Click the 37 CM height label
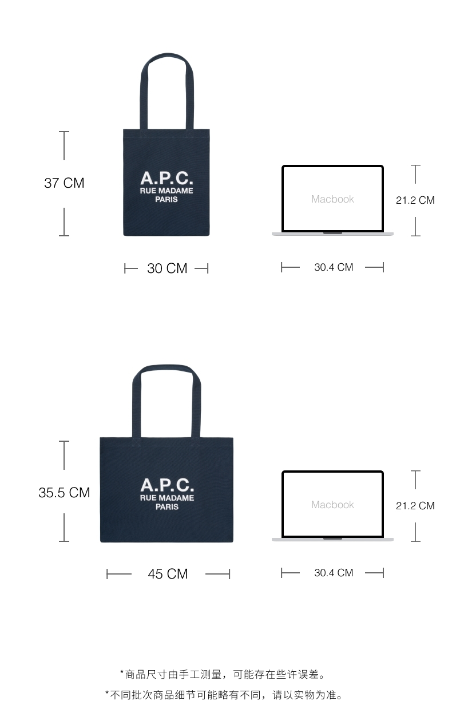coord(64,183)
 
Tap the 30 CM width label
coord(167,268)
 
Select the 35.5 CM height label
coord(64,493)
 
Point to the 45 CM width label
coord(168,574)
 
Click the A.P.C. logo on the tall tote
coord(166,178)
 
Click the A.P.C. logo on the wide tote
coord(167,485)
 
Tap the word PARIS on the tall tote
coord(166,200)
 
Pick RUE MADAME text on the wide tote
coord(167,498)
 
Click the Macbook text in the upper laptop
coord(332,199)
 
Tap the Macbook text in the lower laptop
coord(332,505)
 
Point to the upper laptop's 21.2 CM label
coord(415,200)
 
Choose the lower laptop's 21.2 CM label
coord(415,506)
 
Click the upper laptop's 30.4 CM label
coord(334,267)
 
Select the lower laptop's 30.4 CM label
coord(334,573)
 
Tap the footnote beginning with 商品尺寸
coord(226,675)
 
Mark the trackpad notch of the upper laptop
coord(332,233)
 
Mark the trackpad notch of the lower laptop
coord(332,538)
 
